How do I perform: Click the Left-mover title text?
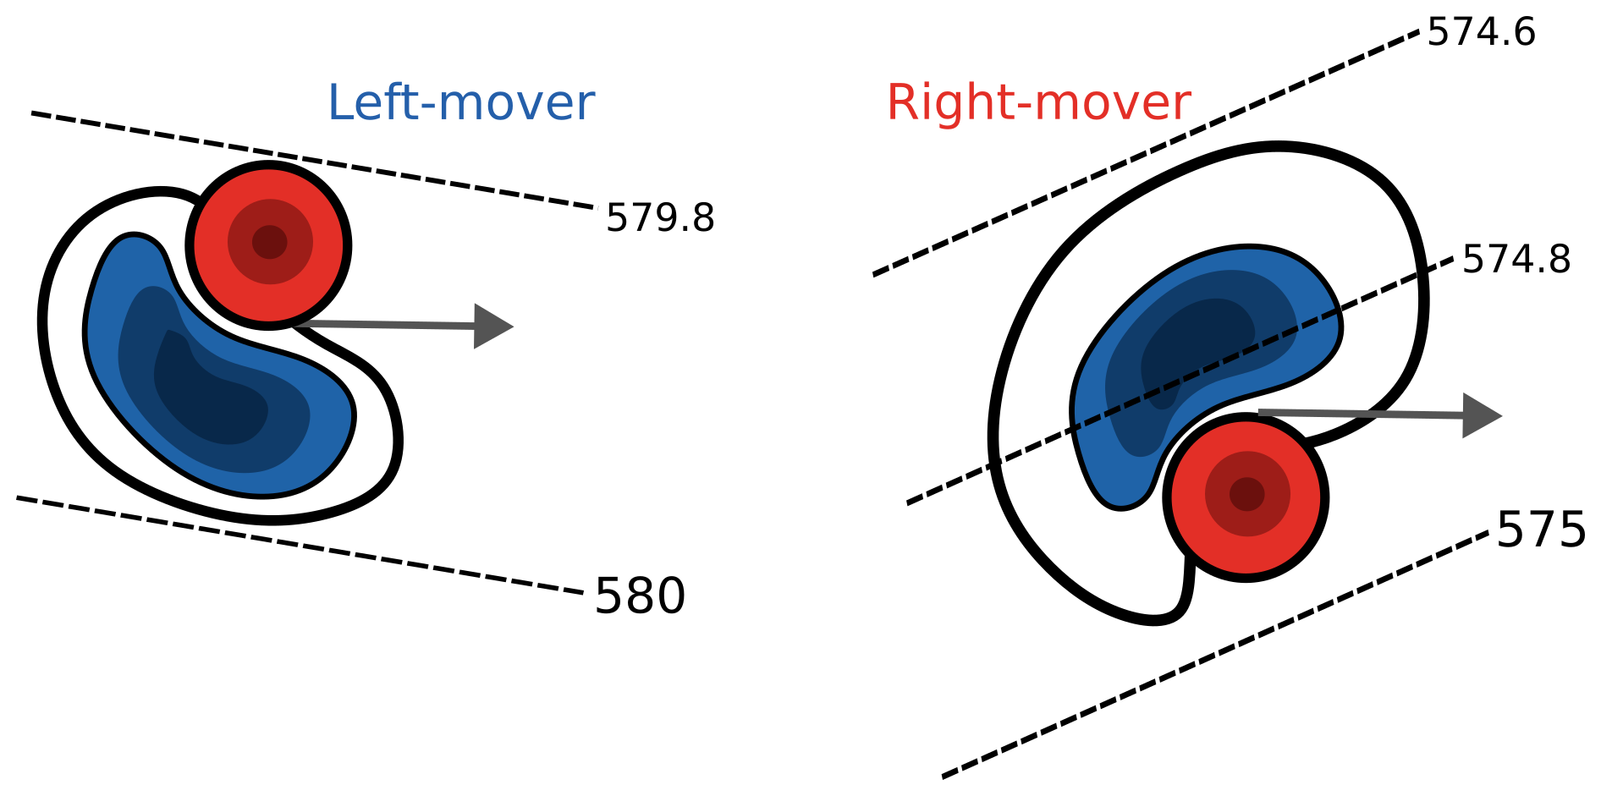tap(460, 103)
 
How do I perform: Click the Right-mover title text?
tap(1038, 103)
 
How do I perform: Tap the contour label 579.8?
tap(660, 219)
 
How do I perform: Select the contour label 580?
tap(640, 596)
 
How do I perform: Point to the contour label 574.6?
tap(1481, 33)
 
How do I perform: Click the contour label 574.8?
tap(1516, 260)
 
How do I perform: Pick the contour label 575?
tap(1541, 530)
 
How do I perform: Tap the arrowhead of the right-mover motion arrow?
tap(1481, 415)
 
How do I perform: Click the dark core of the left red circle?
tap(270, 242)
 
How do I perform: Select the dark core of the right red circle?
tap(1246, 493)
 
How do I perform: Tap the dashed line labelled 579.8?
tap(313, 160)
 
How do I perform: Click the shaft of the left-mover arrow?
tap(389, 325)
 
